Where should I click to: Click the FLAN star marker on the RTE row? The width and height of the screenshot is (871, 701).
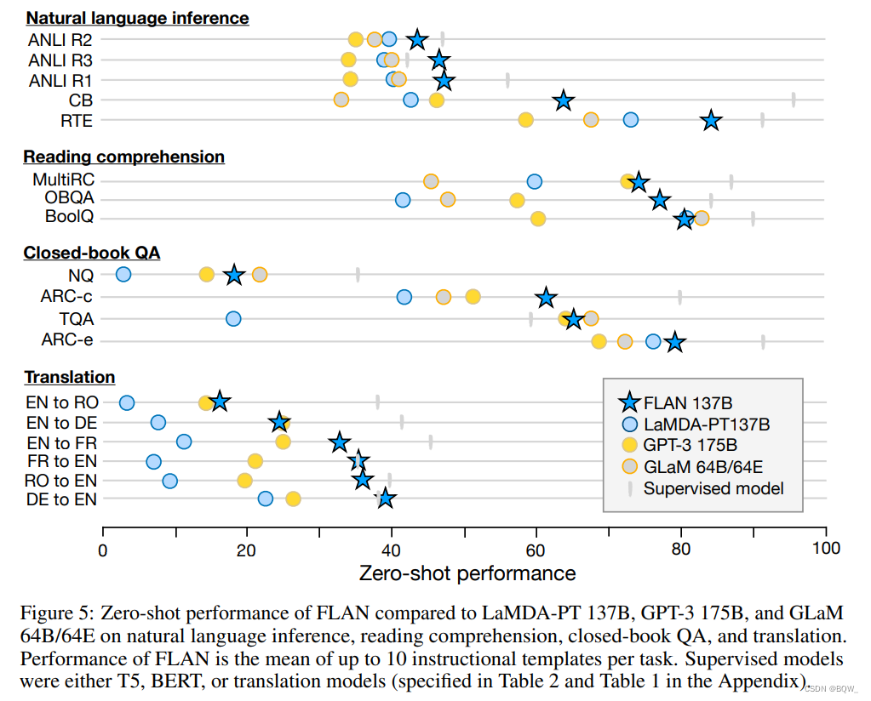(x=711, y=121)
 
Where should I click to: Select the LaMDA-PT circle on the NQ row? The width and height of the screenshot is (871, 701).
(x=123, y=274)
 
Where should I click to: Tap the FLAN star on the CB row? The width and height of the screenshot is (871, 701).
(x=563, y=100)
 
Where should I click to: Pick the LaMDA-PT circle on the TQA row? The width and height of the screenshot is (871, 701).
(x=233, y=318)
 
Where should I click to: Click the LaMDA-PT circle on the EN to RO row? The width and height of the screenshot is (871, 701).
(x=127, y=402)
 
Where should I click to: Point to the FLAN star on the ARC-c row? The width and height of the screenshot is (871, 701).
(x=547, y=297)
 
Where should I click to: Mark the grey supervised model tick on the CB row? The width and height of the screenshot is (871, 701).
(x=794, y=100)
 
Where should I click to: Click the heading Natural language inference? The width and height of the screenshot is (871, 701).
(x=138, y=17)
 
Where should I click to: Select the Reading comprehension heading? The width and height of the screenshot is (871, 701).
(x=124, y=157)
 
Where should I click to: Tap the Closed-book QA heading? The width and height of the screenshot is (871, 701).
(x=92, y=253)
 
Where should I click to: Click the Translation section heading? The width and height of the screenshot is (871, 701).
(x=70, y=377)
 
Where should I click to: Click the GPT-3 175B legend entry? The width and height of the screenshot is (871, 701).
(x=690, y=444)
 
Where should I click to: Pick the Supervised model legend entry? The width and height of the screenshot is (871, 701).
(x=713, y=488)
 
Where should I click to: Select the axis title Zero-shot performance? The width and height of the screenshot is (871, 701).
(x=467, y=573)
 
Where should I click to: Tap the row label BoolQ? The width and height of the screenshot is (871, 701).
(x=69, y=217)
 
